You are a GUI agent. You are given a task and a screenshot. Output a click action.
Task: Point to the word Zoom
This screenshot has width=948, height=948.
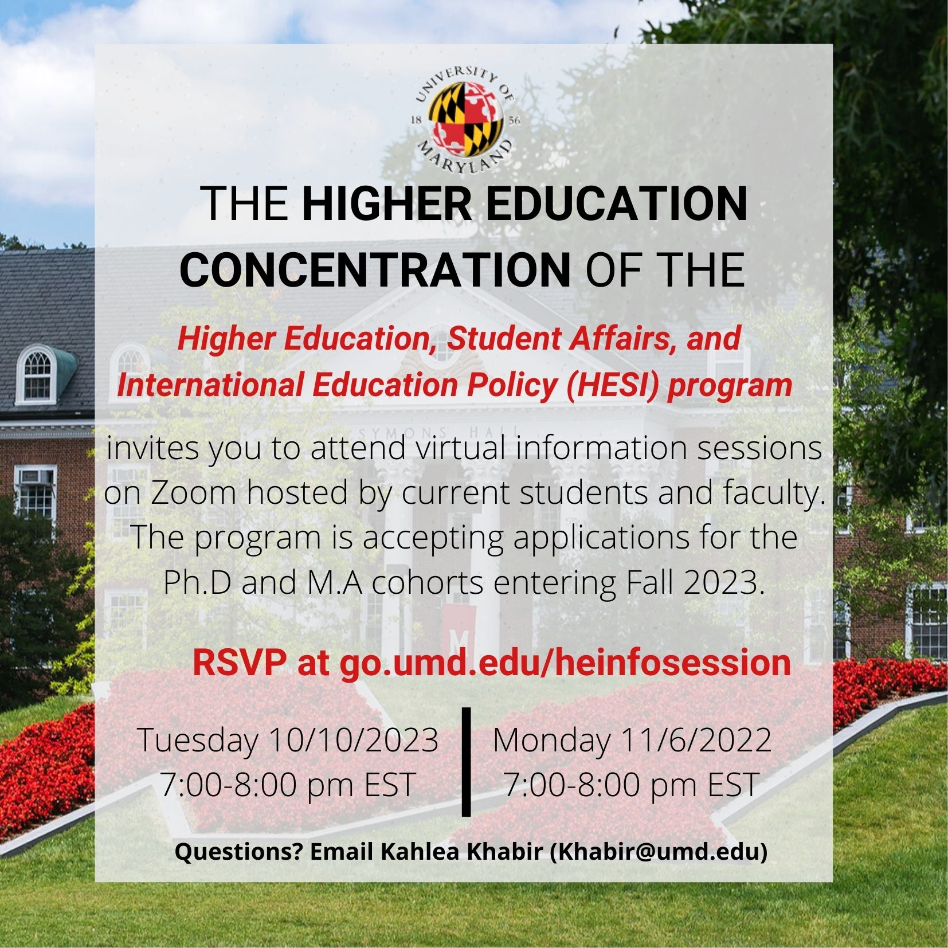point(193,492)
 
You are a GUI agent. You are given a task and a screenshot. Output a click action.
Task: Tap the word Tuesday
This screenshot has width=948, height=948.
point(198,741)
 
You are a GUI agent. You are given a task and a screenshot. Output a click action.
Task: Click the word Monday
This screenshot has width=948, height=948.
point(551,741)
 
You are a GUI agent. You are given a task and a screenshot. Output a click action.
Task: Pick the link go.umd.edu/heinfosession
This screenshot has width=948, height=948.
point(565,663)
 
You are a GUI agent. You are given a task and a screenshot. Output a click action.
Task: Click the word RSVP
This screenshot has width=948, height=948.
point(239,663)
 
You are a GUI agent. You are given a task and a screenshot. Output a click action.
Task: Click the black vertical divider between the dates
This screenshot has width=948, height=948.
point(466,761)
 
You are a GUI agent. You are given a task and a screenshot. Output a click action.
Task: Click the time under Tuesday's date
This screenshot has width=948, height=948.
point(288,785)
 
